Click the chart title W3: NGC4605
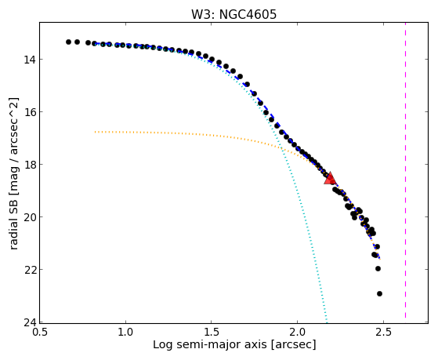click(x=233, y=14)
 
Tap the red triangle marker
click(x=330, y=179)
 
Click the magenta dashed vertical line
click(x=405, y=170)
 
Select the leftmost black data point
click(x=68, y=42)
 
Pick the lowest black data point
click(x=379, y=293)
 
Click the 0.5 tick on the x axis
click(x=40, y=332)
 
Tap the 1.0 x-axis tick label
click(x=125, y=332)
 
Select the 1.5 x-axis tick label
click(x=212, y=332)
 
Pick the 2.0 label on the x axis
click(x=297, y=332)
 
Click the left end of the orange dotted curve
click(x=96, y=132)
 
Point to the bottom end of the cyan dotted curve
click(x=326, y=321)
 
